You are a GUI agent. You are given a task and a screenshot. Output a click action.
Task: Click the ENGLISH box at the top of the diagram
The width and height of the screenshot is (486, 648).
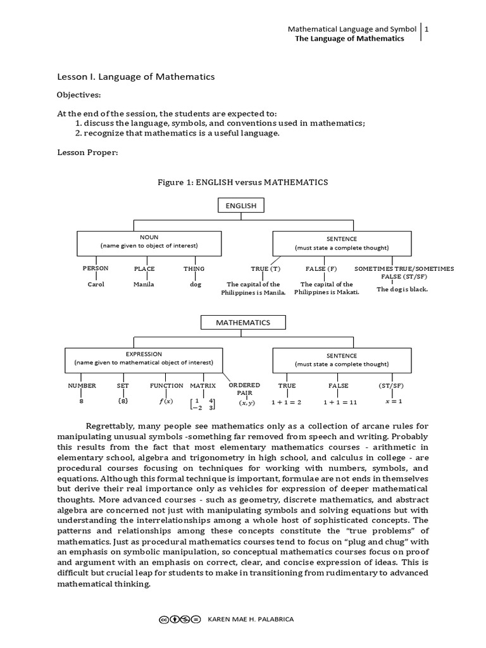click(240, 206)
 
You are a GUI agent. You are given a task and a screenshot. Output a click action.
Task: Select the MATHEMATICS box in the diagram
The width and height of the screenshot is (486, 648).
click(243, 323)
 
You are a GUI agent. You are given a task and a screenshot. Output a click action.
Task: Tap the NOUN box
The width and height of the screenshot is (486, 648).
click(149, 242)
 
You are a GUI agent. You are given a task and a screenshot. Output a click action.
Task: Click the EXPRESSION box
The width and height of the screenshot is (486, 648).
click(144, 359)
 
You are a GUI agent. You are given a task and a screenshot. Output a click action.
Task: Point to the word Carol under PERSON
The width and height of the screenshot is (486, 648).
click(96, 285)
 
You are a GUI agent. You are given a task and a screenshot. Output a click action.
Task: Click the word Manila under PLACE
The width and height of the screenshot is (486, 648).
click(144, 285)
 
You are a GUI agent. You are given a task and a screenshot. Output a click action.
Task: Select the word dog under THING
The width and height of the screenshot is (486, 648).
click(195, 285)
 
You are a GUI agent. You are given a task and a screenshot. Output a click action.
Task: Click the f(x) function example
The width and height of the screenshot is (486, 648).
click(166, 402)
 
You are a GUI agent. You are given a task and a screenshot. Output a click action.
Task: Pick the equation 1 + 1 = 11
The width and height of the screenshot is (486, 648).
click(340, 402)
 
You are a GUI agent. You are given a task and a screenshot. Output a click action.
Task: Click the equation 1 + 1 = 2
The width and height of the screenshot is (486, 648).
click(286, 402)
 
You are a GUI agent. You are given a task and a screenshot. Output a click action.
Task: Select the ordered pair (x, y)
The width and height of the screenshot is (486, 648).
click(246, 403)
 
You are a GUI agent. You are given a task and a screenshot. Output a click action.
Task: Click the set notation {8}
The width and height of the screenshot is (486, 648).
click(123, 401)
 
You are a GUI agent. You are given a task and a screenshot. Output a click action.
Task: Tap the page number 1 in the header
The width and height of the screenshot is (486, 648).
click(428, 29)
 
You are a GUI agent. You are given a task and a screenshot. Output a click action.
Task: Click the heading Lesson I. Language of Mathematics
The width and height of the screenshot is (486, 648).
click(136, 77)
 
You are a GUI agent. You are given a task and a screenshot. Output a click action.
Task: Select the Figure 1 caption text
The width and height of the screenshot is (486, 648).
click(242, 182)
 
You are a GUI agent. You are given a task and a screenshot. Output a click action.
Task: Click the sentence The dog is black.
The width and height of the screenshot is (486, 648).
click(402, 289)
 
